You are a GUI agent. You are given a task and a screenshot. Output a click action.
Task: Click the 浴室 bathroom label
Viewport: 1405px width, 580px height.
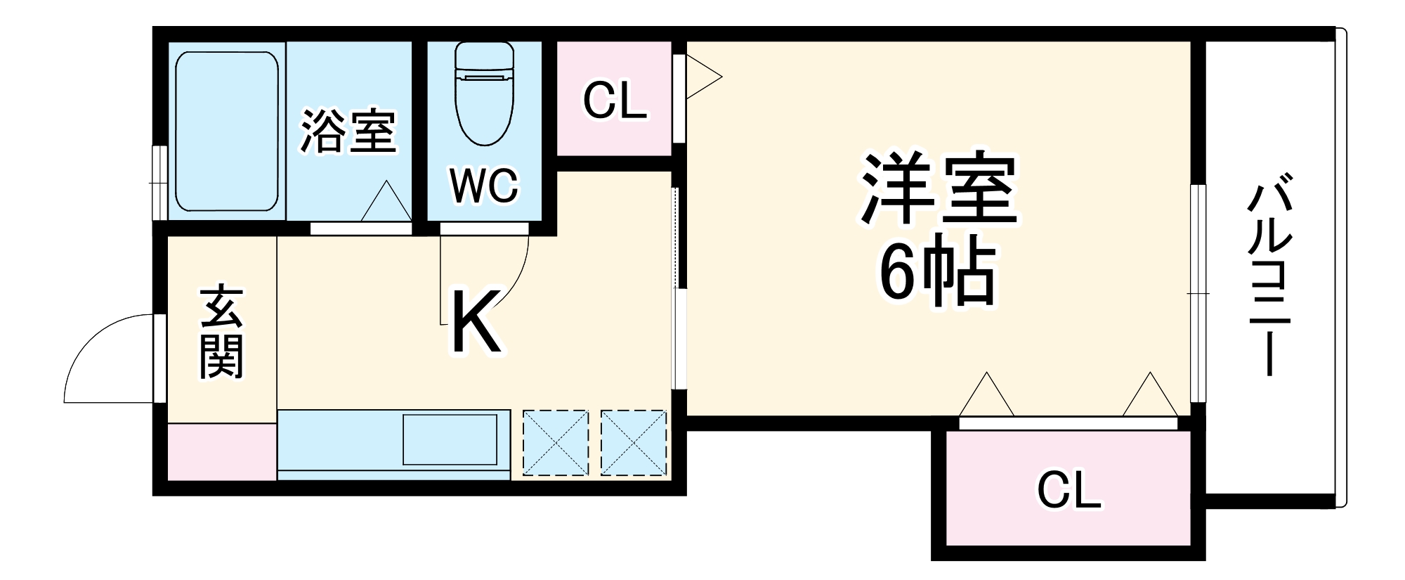coord(348,131)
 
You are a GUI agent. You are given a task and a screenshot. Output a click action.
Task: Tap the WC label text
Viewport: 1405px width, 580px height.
coord(484,186)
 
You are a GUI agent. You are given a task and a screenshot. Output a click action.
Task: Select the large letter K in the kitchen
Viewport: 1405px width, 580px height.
coord(476,322)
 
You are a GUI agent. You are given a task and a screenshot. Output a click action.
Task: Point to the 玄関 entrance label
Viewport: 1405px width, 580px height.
coord(221,330)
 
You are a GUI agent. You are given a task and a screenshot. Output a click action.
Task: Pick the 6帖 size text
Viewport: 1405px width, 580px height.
coord(937,275)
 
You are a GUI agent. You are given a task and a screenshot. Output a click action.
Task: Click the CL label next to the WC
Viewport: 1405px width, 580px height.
coord(615,101)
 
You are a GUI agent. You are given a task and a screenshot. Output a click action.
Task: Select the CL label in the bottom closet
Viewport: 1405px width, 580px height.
coord(1069,489)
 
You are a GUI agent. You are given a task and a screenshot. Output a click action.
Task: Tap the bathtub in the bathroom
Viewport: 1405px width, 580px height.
coord(226,131)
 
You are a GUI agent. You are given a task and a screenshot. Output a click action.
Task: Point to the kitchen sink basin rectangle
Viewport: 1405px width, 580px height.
coord(450,439)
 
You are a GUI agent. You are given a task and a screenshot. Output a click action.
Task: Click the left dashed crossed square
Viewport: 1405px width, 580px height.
coord(555,442)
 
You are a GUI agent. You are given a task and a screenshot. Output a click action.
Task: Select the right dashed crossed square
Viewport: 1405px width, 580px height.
coord(633,442)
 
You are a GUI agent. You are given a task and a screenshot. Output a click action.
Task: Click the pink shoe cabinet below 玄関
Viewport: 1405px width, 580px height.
coord(221,452)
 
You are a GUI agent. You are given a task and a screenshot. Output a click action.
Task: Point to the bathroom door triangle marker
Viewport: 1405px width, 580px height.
coord(386,202)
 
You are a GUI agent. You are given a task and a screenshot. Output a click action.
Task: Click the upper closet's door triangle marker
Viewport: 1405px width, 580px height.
coord(702,75)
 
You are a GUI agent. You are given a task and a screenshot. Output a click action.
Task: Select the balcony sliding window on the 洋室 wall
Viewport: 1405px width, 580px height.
coord(1198,292)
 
